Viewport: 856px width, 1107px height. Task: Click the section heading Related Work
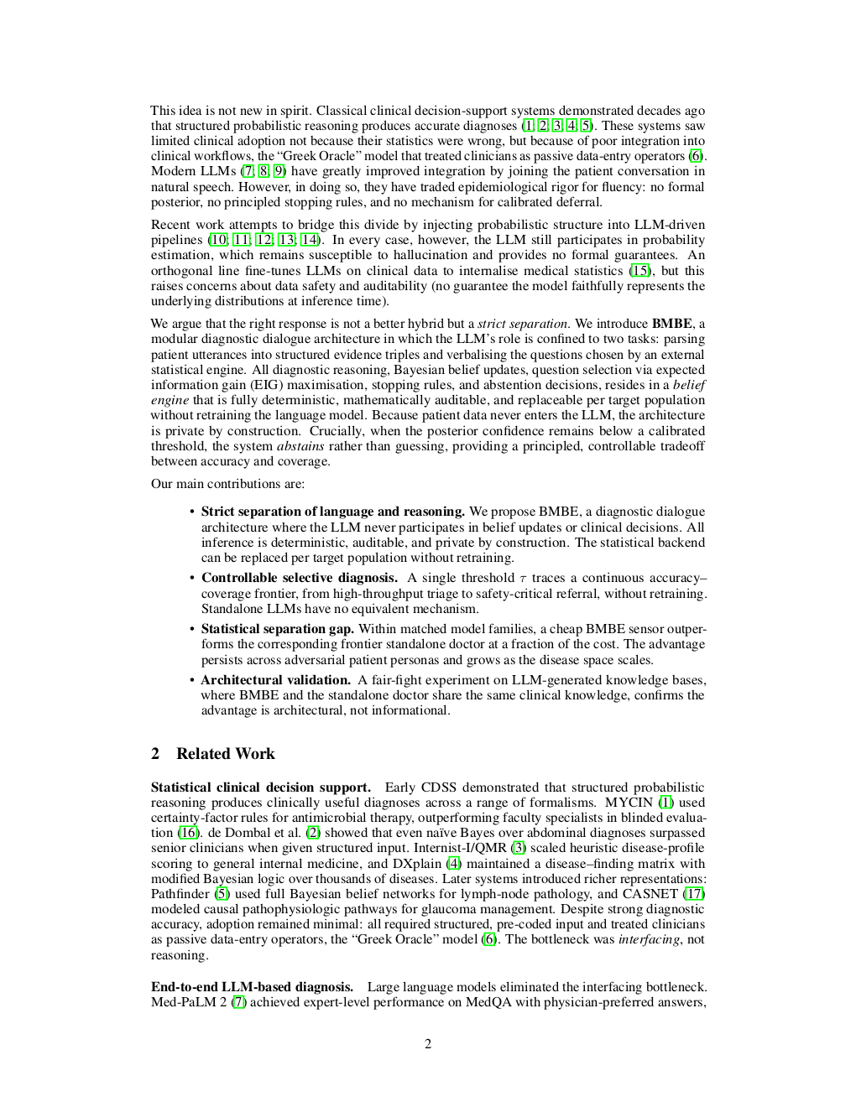point(225,753)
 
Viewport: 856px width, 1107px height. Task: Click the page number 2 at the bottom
point(428,1044)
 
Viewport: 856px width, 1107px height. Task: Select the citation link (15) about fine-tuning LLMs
point(639,271)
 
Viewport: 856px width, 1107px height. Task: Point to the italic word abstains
point(300,446)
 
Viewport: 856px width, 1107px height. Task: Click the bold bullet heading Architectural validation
point(275,680)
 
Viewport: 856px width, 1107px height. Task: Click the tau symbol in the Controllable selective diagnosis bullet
point(523,579)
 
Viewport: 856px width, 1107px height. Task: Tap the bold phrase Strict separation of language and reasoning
point(332,512)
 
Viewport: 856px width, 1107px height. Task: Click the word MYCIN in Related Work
point(629,803)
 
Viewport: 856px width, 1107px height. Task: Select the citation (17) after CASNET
point(694,894)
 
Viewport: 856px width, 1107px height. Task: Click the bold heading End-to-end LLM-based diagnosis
point(252,987)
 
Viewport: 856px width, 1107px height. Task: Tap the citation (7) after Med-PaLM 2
point(238,1002)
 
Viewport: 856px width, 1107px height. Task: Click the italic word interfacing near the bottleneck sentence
point(649,939)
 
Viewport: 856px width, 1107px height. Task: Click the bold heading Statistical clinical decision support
point(260,787)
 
